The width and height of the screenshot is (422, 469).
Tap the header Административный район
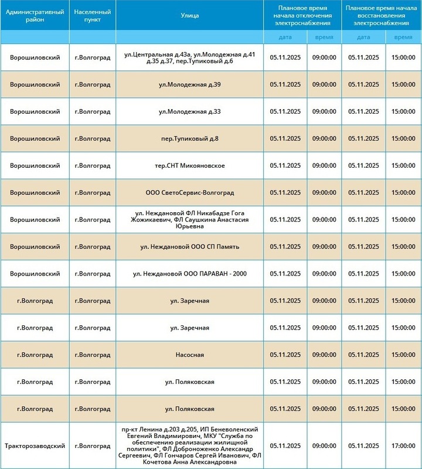click(35, 15)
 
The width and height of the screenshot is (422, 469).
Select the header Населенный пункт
click(92, 15)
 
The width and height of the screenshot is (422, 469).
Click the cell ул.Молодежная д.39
click(190, 84)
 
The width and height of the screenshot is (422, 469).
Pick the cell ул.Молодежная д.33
click(190, 111)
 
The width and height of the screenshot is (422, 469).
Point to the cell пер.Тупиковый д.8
click(190, 138)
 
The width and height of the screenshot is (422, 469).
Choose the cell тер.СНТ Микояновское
click(190, 165)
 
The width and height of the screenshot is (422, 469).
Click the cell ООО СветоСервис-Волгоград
click(190, 192)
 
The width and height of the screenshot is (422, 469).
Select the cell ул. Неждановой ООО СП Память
click(190, 246)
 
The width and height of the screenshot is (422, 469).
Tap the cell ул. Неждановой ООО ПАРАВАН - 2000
click(190, 273)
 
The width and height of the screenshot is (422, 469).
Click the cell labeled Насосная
click(190, 355)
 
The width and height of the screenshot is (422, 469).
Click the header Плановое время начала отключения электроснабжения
click(301, 15)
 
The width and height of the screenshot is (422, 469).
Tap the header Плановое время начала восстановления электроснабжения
click(380, 15)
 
